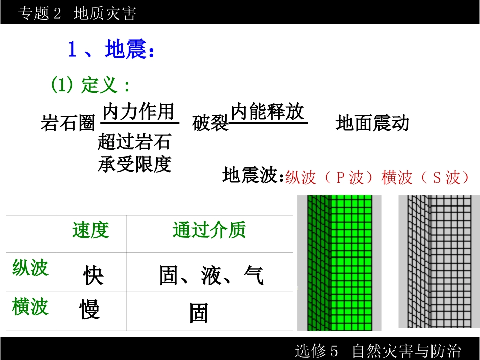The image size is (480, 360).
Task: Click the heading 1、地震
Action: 111,50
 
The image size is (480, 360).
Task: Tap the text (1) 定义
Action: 90,85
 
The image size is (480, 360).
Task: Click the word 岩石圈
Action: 68,123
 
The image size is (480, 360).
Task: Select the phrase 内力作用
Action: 138,112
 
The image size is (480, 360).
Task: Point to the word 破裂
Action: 210,123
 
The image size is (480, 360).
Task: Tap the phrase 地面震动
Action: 372,123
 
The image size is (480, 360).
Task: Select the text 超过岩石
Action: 134,142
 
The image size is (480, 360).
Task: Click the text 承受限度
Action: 134,164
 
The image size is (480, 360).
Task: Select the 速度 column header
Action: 90,230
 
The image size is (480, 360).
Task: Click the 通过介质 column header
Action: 209,230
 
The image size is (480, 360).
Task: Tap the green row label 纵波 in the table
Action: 30,268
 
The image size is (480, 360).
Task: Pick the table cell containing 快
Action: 93,276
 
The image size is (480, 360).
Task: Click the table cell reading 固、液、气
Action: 211,276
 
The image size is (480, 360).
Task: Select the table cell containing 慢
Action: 89,309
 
